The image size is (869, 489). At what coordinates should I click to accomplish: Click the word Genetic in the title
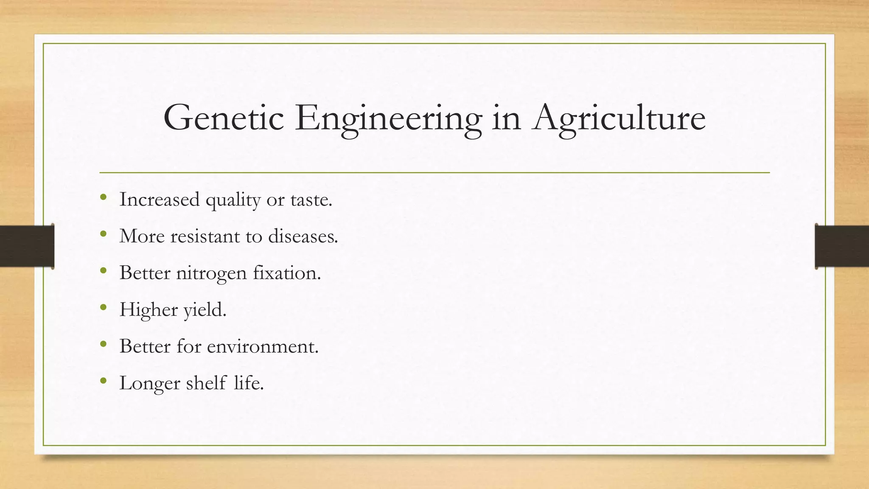click(x=223, y=118)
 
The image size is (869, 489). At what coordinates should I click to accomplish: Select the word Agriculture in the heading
click(x=620, y=119)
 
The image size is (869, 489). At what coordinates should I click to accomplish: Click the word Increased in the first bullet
click(x=159, y=199)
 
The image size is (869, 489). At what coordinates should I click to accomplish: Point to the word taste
click(x=311, y=200)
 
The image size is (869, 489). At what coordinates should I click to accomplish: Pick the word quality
click(x=233, y=200)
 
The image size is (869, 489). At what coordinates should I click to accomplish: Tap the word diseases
click(x=303, y=236)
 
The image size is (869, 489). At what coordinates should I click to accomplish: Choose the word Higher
click(x=149, y=310)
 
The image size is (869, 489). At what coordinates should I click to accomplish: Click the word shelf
click(x=206, y=383)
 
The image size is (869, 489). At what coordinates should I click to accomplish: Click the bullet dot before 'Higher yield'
click(x=103, y=307)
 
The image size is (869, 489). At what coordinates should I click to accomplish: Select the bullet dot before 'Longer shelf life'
click(x=103, y=381)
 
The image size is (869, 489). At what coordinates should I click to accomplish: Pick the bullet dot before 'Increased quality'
click(x=103, y=197)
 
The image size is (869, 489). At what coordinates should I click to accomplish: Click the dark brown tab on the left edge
click(x=27, y=246)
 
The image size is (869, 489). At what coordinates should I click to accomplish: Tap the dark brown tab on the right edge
click(x=842, y=246)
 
